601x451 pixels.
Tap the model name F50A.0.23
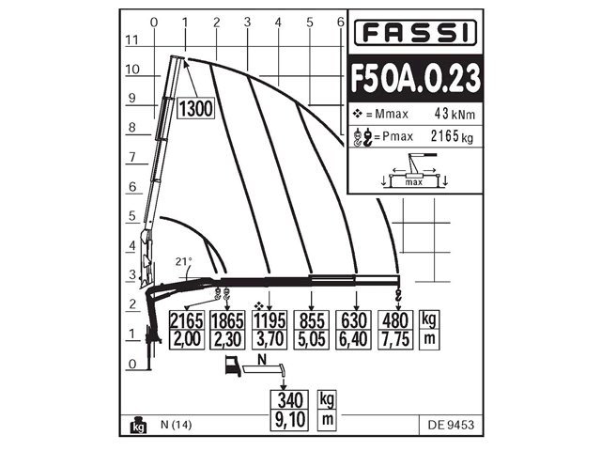[x=413, y=77]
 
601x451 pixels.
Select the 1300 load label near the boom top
[x=195, y=109]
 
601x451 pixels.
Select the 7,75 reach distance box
[x=394, y=338]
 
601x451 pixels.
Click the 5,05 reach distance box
[x=312, y=338]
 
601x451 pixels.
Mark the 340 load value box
[x=291, y=398]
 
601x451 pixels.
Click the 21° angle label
[x=184, y=262]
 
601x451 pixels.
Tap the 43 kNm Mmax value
[x=448, y=114]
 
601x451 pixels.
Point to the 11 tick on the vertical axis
[x=132, y=39]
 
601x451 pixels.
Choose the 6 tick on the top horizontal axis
[x=340, y=22]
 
